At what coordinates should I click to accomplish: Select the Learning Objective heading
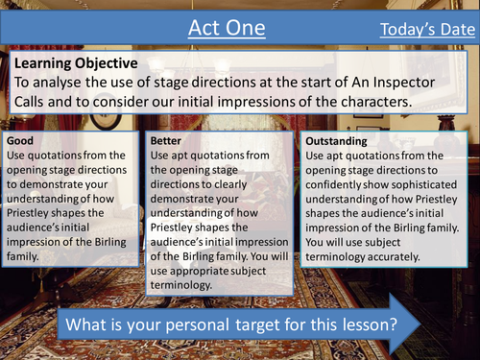tap(76, 62)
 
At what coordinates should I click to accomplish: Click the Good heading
tap(20, 140)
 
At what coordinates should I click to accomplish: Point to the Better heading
tap(166, 140)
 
